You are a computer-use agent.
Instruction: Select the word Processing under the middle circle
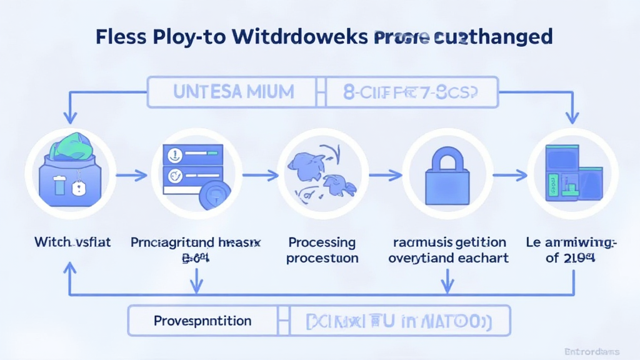(322, 242)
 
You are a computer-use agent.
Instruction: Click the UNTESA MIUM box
(234, 93)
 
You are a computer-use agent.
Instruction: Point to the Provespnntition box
(203, 321)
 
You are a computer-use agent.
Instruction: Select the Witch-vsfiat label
(72, 242)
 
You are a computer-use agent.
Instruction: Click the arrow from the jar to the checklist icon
(132, 177)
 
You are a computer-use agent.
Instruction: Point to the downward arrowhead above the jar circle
(69, 117)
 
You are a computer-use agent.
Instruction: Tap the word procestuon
(322, 258)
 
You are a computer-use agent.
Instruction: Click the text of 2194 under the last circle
(569, 257)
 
